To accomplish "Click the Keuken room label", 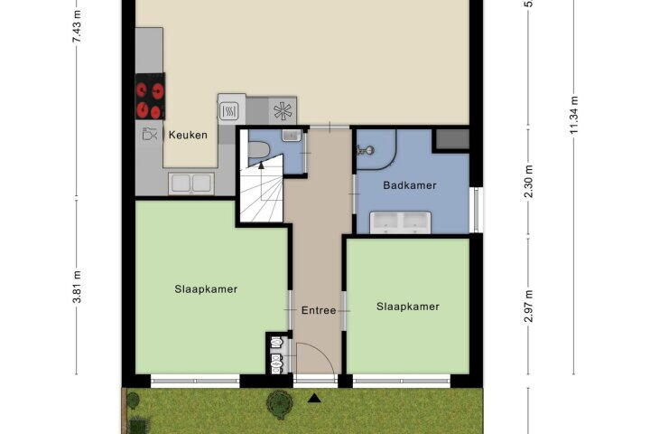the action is click(x=188, y=135).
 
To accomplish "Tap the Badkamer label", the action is click(x=410, y=185).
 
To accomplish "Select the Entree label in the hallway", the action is click(x=319, y=310).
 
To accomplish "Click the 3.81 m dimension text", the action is click(x=77, y=287).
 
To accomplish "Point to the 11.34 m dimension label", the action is click(x=574, y=115).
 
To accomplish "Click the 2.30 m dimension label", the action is click(x=528, y=182).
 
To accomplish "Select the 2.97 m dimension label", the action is click(x=528, y=307).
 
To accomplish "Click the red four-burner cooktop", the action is click(x=150, y=97).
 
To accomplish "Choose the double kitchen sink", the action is click(x=191, y=184).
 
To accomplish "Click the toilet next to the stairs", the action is click(x=259, y=149).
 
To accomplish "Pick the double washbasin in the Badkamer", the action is click(x=401, y=222).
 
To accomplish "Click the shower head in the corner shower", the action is click(x=366, y=150).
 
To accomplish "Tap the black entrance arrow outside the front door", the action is click(x=315, y=399).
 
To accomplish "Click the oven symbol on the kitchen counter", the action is click(x=228, y=111).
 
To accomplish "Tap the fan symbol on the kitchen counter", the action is click(x=283, y=110).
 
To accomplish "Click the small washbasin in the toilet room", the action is click(x=292, y=135).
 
